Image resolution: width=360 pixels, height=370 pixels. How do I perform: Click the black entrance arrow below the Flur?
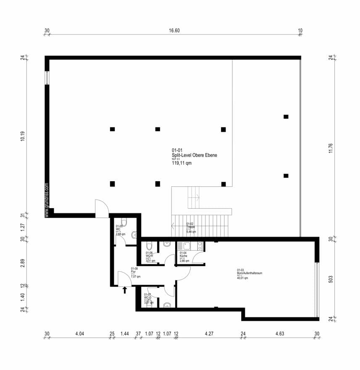coord(124,289)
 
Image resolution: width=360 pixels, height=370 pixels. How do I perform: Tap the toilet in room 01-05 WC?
coord(123,222)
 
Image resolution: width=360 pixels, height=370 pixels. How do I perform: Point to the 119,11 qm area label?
coord(181,164)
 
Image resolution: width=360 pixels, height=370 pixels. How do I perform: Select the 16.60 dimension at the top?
coord(174,31)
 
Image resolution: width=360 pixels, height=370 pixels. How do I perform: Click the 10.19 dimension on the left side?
coord(23,137)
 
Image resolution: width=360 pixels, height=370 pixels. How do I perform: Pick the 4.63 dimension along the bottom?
coord(280,334)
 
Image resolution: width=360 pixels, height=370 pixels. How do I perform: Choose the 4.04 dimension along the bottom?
coord(79,334)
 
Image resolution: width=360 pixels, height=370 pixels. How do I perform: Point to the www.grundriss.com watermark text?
coord(47,200)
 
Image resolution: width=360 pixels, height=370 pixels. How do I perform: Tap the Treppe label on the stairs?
coord(191,227)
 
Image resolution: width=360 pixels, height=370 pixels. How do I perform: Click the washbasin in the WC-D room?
coord(167,305)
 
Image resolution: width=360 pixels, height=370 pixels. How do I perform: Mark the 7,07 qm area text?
coord(135,277)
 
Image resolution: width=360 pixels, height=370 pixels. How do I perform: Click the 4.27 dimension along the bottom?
coord(209,334)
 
